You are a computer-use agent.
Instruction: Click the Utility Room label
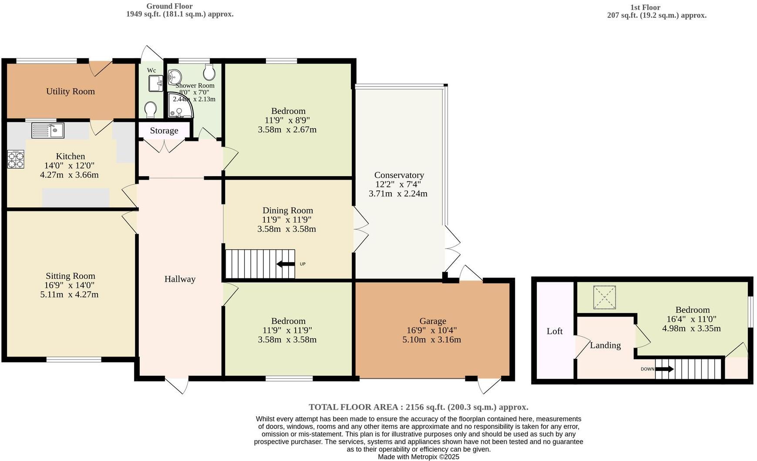[x=70, y=91]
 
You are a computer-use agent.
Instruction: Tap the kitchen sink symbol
[x=48, y=130]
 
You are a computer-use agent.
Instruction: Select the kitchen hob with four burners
[x=16, y=159]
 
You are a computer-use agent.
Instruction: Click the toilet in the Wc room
[x=151, y=110]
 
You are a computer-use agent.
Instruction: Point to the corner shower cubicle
[x=179, y=106]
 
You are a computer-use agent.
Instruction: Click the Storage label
[x=164, y=130]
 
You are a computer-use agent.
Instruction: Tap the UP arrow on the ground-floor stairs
[x=286, y=264]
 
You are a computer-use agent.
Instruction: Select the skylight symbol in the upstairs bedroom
[x=605, y=297]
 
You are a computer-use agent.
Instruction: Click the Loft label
[x=555, y=331]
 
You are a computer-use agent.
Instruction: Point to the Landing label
[x=605, y=345]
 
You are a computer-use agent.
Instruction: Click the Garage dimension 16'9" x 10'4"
[x=432, y=331]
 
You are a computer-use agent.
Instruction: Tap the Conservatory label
[x=399, y=175]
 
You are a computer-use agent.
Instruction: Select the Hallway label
[x=180, y=279]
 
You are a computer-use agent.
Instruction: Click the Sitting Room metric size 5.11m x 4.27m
[x=69, y=294]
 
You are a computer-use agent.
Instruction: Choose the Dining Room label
[x=287, y=210]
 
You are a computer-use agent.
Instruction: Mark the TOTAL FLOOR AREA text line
[x=418, y=407]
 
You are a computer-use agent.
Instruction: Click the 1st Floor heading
[x=645, y=7]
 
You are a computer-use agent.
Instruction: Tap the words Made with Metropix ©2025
[x=418, y=457]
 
